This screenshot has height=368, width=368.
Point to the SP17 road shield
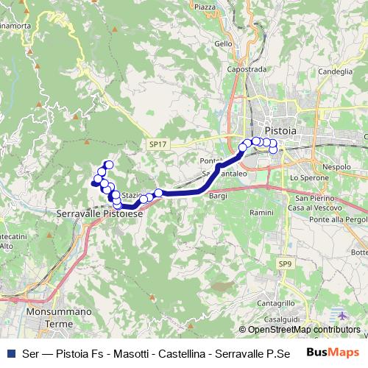[156, 145]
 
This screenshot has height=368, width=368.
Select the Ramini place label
[261, 211]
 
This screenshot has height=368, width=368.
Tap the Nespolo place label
[337, 167]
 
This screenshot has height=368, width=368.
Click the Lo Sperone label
[308, 178]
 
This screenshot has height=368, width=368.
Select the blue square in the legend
[10, 353]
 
